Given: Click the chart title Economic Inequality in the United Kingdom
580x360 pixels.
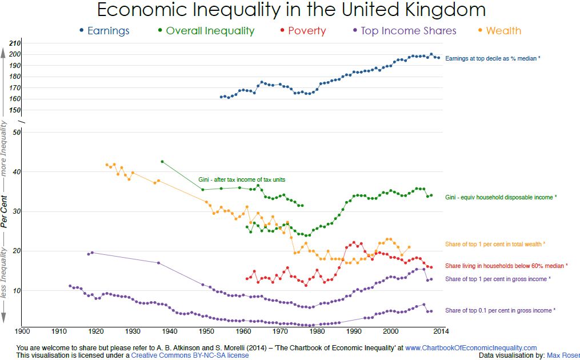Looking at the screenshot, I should coord(291,10).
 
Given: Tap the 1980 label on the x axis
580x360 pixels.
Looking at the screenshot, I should coord(317,331).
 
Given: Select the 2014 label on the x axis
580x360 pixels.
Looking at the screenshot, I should coord(439,331).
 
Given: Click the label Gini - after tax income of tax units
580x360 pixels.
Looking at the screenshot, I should coord(242,179).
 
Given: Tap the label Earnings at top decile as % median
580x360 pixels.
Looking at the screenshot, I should coord(492,58).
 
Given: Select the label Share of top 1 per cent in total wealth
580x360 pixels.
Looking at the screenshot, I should coord(495,244).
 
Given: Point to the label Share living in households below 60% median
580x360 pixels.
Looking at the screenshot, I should coord(506,266).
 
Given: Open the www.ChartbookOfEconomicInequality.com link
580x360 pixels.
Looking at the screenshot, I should coord(471,347).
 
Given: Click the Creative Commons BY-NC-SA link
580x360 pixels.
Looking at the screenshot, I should coord(190,355).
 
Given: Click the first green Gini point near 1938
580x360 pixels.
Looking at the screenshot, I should coord(162,162).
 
